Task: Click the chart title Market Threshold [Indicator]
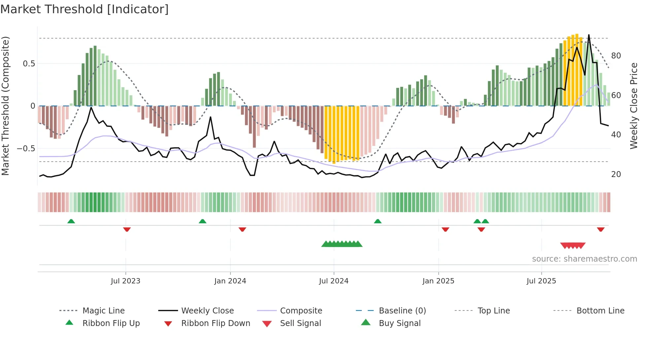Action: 85,9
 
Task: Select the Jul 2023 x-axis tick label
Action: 125,281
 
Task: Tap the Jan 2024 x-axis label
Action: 230,281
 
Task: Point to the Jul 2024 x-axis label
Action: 334,281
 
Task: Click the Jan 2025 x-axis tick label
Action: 438,281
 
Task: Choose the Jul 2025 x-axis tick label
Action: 541,281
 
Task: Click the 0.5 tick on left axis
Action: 29,64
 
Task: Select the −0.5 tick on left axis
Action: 26,149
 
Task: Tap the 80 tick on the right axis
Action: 616,56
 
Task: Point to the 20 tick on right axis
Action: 616,174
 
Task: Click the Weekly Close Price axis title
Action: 634,106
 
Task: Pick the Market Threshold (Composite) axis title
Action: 5,106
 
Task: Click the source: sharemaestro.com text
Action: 584,259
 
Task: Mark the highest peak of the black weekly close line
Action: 589,35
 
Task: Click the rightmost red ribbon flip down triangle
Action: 601,229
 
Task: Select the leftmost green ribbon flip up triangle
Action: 71,221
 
